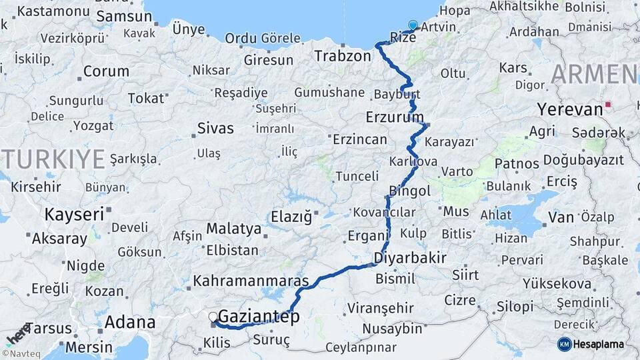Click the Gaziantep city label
coord(259,316)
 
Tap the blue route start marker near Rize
coord(413,26)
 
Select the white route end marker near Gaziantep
coord(213,317)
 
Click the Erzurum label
coord(395,117)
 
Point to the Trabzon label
coord(343,55)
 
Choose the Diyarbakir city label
coord(410,257)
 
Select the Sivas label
coord(215,127)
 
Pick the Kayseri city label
coord(75,214)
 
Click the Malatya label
coord(233,229)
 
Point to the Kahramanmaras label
coord(251,280)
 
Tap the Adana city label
coord(130,323)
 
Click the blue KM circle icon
coord(564,344)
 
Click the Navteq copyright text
coord(20,354)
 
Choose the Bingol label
coord(410,191)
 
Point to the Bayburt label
coord(396,93)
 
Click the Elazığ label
coord(291,217)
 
